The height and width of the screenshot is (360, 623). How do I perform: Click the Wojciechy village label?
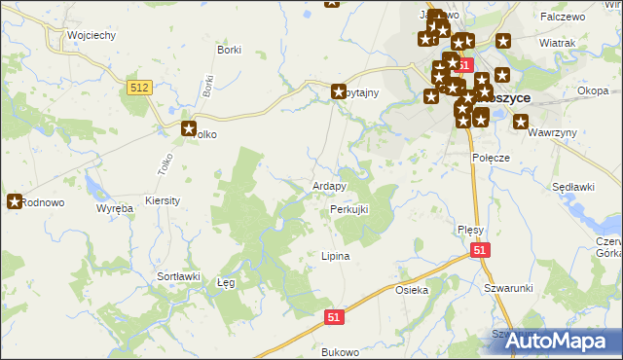click(92, 35)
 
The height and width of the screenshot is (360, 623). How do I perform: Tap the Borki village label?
click(230, 49)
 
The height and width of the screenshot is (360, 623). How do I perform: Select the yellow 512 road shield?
click(140, 88)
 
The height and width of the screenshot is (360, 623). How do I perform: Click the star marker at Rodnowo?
click(15, 202)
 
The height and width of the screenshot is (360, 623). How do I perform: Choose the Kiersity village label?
click(163, 199)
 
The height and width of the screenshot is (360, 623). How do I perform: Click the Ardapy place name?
click(329, 186)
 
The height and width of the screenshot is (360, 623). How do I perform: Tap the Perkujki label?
click(349, 209)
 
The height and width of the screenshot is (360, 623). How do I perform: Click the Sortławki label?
click(178, 276)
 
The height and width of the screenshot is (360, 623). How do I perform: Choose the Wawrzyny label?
click(555, 132)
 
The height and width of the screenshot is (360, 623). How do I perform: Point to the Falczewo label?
click(564, 18)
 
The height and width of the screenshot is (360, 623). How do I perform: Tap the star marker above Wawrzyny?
click(521, 123)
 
